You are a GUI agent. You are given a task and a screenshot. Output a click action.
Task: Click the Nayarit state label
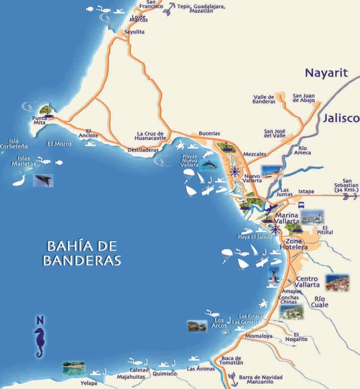click(x=327, y=73)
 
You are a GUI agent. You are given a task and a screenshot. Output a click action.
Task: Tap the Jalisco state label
click(x=340, y=118)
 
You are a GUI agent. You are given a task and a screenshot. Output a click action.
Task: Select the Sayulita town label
click(x=135, y=32)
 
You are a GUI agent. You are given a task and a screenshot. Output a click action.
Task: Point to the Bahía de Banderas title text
click(x=82, y=253)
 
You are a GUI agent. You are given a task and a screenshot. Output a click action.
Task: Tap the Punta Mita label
click(x=39, y=121)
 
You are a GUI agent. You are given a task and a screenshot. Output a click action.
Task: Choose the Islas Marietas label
click(x=27, y=161)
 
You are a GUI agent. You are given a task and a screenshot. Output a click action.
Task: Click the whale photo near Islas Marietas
click(x=43, y=180)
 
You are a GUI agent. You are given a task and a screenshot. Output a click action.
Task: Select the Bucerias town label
click(x=209, y=134)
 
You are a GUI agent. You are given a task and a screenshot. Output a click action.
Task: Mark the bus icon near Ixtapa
click(x=301, y=205)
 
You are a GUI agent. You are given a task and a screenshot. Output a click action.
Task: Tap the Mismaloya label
click(x=258, y=336)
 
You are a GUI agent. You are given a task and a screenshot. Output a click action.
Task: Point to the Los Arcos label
click(x=219, y=323)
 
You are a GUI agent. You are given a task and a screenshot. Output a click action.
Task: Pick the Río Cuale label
click(x=322, y=301)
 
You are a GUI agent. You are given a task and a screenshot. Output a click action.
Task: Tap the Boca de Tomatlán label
click(x=232, y=360)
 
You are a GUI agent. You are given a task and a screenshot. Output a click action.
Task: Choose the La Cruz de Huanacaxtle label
click(x=150, y=135)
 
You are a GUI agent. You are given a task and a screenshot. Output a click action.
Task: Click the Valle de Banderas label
click(x=264, y=99)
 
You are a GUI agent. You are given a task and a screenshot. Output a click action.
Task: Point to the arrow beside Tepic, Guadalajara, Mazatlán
click(x=168, y=9)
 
